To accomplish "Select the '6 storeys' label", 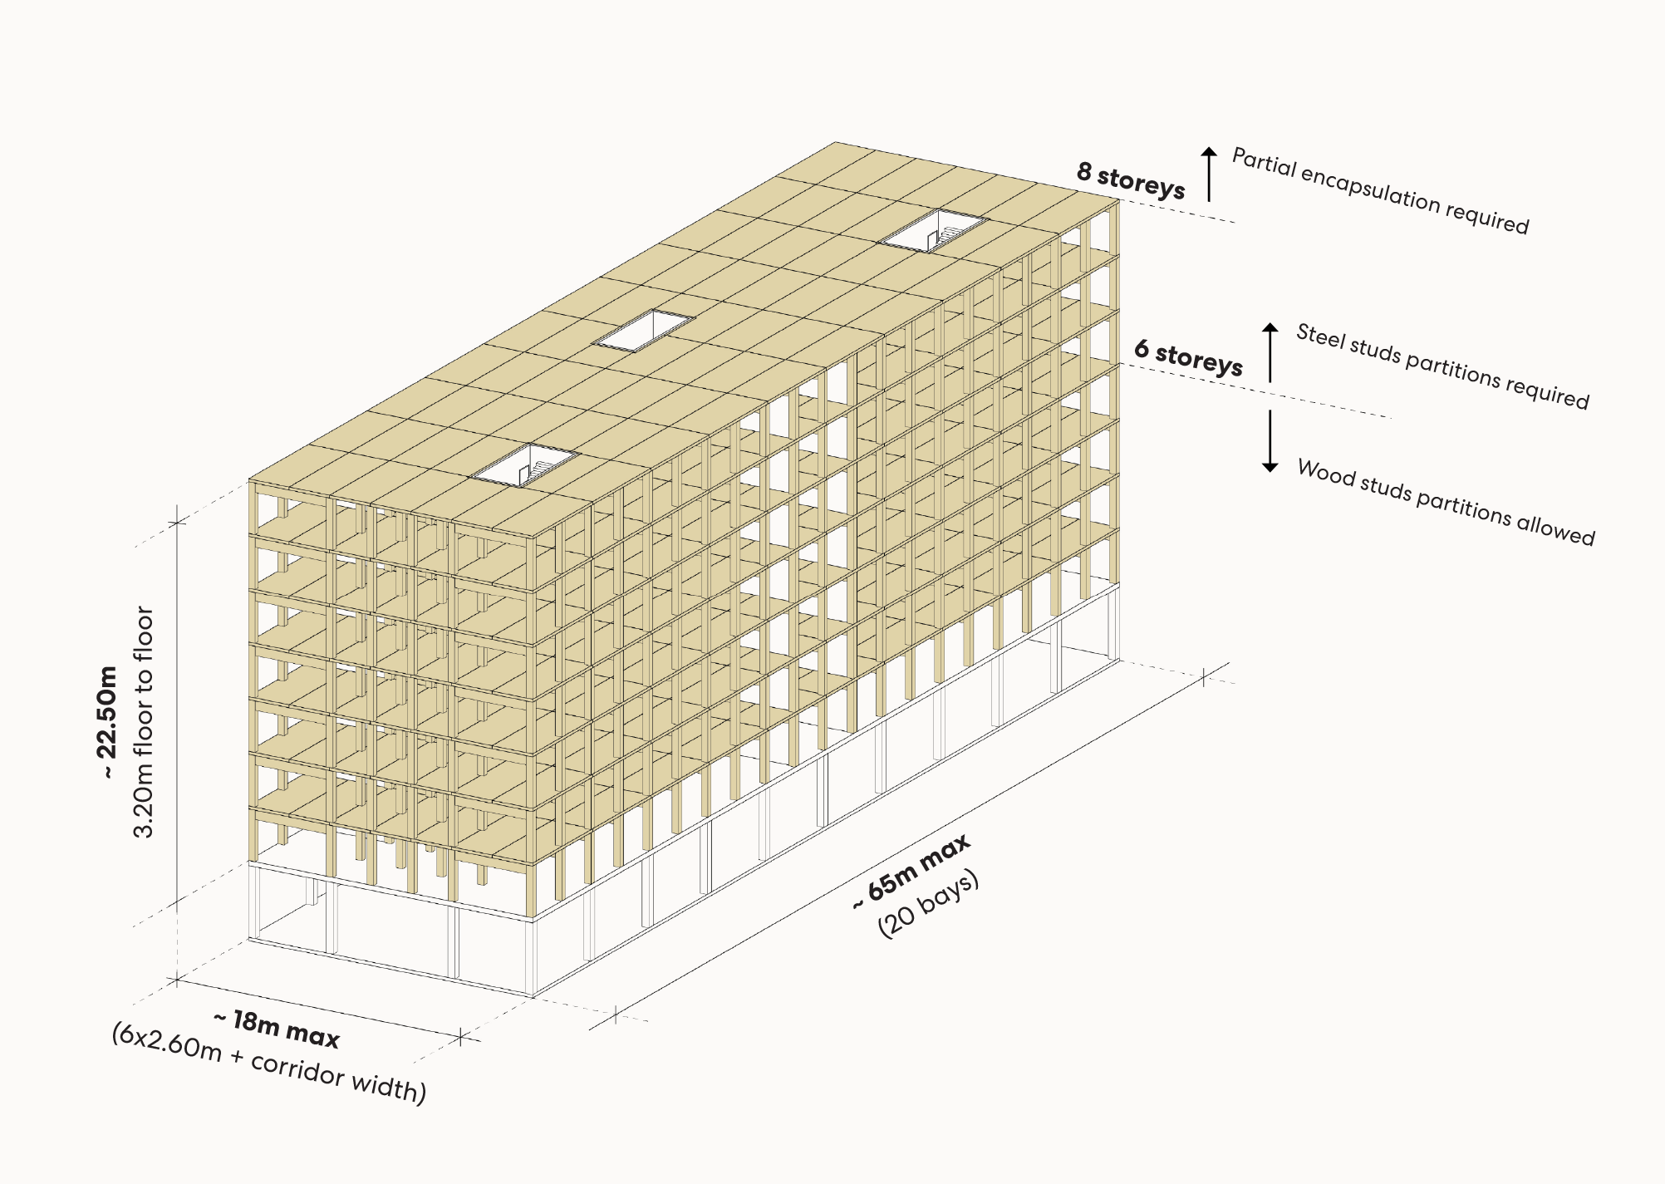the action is (1188, 358).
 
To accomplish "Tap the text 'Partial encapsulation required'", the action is (1379, 191).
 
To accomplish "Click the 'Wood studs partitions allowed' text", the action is (1446, 503).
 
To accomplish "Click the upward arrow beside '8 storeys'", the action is (1209, 173).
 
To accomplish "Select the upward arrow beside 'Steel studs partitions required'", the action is (1270, 351).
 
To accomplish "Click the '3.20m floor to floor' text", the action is (144, 721).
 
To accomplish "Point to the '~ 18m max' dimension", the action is (277, 1029).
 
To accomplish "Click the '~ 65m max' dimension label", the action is (912, 872).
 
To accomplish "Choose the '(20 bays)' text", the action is (929, 904).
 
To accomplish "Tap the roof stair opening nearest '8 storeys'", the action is (935, 228).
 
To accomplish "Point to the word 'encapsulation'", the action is (1371, 189).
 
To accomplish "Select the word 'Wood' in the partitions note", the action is (1324, 473).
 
